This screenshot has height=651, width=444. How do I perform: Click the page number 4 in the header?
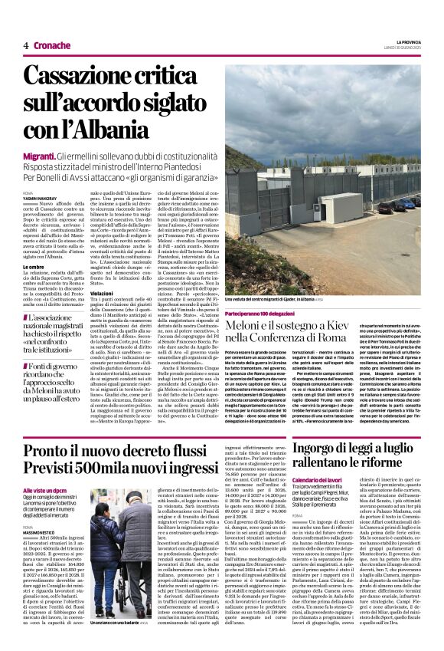[25, 45]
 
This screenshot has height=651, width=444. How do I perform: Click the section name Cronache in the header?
[52, 45]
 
